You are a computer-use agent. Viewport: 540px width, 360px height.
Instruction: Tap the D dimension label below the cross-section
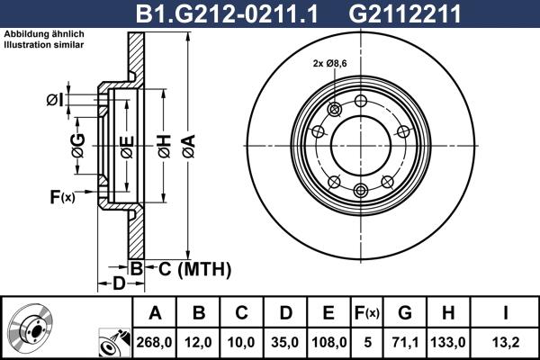[119, 284]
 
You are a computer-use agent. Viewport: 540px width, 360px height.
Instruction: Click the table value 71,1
[405, 342]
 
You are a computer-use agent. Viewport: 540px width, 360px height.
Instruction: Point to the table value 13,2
[506, 342]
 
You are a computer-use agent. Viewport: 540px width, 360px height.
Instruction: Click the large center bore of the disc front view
[360, 144]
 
